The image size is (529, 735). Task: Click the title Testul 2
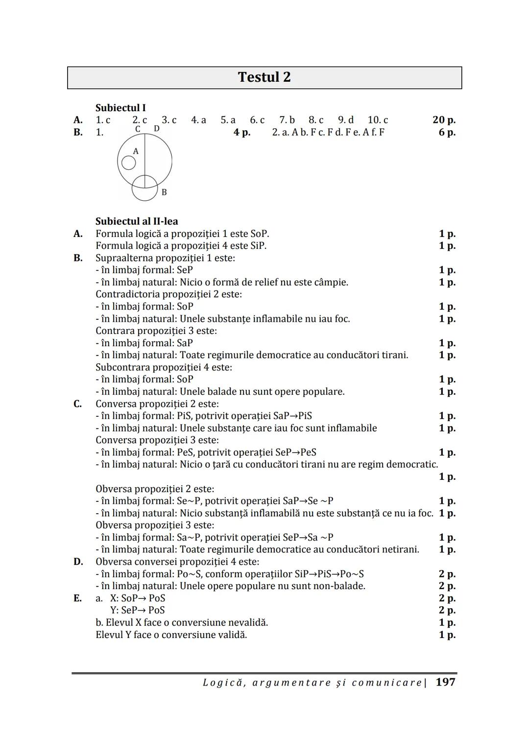(x=264, y=77)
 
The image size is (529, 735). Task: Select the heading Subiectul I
(x=120, y=108)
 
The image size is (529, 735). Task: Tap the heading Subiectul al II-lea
(x=137, y=221)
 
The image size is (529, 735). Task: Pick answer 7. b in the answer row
(x=287, y=120)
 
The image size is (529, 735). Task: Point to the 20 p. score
(x=444, y=120)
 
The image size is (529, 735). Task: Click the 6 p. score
(x=447, y=132)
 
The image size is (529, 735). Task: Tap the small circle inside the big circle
(x=128, y=163)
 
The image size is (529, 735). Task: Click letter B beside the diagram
(x=164, y=192)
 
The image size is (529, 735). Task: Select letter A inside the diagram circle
(x=136, y=152)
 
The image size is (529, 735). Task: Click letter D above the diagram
(x=156, y=129)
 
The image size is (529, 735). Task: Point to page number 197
(x=445, y=682)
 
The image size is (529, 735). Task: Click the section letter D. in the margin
(x=78, y=562)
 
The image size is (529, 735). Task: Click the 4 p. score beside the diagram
(x=242, y=132)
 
